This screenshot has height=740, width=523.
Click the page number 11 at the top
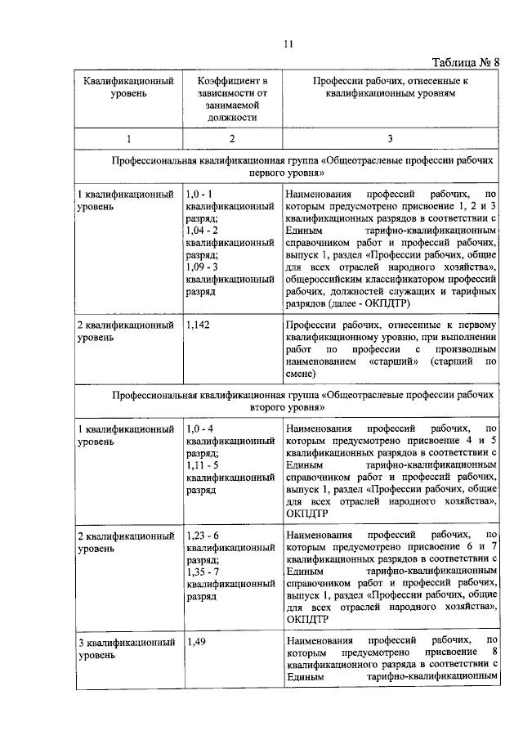[288, 44]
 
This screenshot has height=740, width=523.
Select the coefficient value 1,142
[199, 325]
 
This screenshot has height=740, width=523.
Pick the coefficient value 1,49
[196, 642]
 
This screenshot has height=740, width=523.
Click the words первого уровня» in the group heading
[287, 174]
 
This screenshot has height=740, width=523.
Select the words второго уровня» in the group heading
[286, 406]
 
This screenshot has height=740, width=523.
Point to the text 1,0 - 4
[202, 428]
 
